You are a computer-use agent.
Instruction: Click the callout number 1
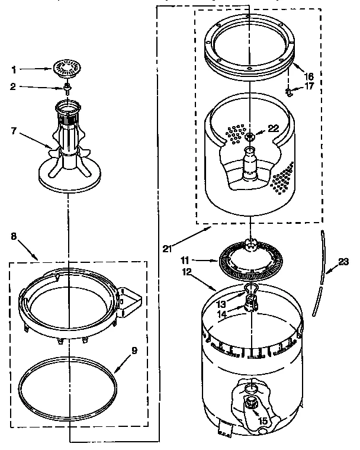tap(15, 69)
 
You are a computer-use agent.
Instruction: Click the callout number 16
tap(309, 76)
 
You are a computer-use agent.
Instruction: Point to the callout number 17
tap(309, 86)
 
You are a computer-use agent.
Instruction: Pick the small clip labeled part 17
tap(288, 91)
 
